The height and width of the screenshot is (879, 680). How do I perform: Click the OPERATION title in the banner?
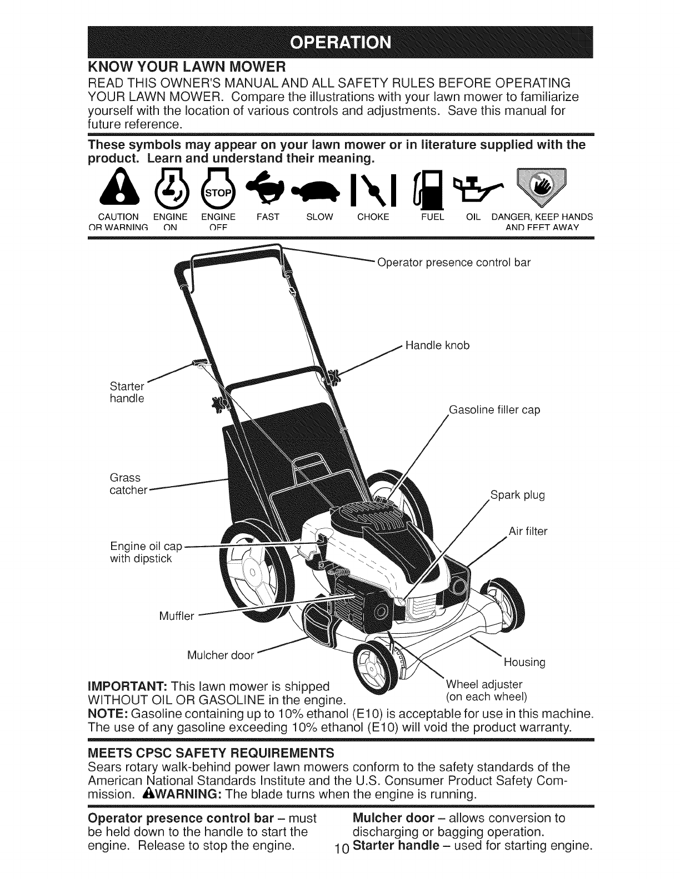[x=340, y=42]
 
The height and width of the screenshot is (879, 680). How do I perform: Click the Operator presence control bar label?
[x=453, y=262]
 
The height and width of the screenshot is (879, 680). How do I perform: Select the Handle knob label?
[x=437, y=346]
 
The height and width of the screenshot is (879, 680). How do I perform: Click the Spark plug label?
[x=517, y=495]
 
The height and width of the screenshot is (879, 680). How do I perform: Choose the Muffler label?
[x=176, y=616]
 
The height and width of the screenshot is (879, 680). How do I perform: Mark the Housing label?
[x=524, y=662]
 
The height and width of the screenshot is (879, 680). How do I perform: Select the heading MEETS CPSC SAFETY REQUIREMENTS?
[x=211, y=752]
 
